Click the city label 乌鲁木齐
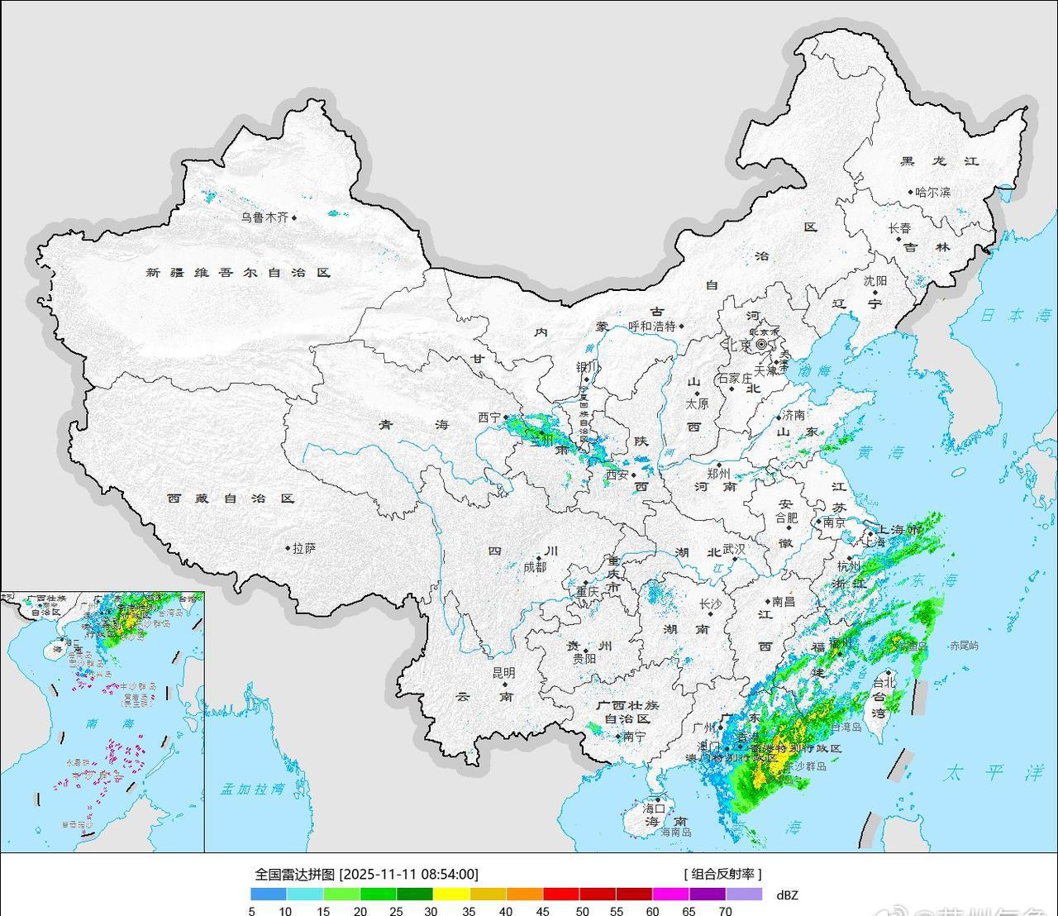pyautogui.click(x=264, y=217)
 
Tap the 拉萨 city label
pyautogui.click(x=303, y=547)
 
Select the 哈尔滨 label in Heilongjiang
pyautogui.click(x=932, y=193)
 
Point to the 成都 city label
pyautogui.click(x=535, y=567)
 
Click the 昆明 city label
pyautogui.click(x=503, y=673)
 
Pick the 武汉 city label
pyautogui.click(x=734, y=549)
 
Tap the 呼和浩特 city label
pyautogui.click(x=652, y=326)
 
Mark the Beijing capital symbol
pyautogui.click(x=761, y=344)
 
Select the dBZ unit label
pyautogui.click(x=788, y=894)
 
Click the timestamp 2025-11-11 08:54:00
pyautogui.click(x=409, y=874)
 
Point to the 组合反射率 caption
pyautogui.click(x=722, y=874)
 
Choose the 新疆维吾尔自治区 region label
pyautogui.click(x=238, y=272)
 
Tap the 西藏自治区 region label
pyautogui.click(x=231, y=499)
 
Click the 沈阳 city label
pyautogui.click(x=875, y=281)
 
